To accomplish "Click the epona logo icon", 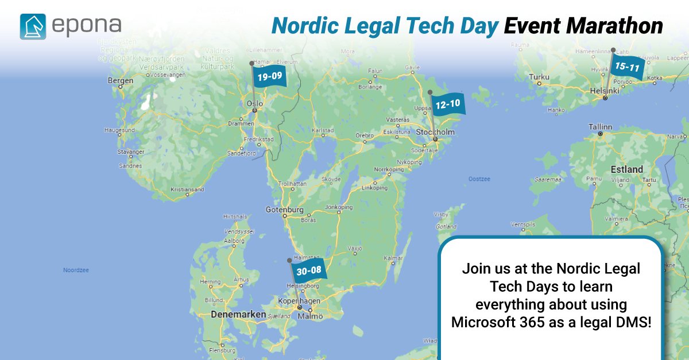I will (33, 26).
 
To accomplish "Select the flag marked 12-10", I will (447, 104).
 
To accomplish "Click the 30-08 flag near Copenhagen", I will (309, 271).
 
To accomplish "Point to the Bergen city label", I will (121, 81).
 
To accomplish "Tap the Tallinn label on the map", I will (600, 126).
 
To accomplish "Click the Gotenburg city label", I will (284, 210).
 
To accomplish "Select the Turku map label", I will (539, 77).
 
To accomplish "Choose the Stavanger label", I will (131, 152).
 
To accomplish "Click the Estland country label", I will (627, 169).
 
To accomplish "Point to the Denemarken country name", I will (238, 315).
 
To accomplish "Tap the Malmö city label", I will (313, 316).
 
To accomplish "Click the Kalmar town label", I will (393, 258).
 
